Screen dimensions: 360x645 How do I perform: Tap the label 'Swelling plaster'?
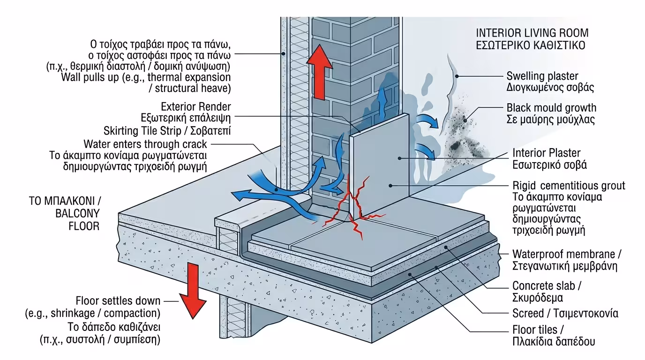(542, 76)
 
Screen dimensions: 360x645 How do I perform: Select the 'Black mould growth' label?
(551, 107)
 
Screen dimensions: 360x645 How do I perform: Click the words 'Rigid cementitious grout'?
(569, 186)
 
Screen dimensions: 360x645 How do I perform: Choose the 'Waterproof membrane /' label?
(566, 254)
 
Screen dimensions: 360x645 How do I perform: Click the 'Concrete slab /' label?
(541, 285)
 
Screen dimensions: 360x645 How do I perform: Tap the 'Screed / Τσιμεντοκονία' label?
(565, 313)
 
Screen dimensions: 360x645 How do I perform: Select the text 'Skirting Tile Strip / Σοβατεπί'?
(167, 129)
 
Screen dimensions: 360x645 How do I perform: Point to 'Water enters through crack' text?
(145, 143)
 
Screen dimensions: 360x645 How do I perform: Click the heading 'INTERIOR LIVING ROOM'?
(532, 33)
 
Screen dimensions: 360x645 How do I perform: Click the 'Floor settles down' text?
(118, 301)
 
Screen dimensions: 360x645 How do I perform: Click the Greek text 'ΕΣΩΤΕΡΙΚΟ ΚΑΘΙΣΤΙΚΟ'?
(530, 46)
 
